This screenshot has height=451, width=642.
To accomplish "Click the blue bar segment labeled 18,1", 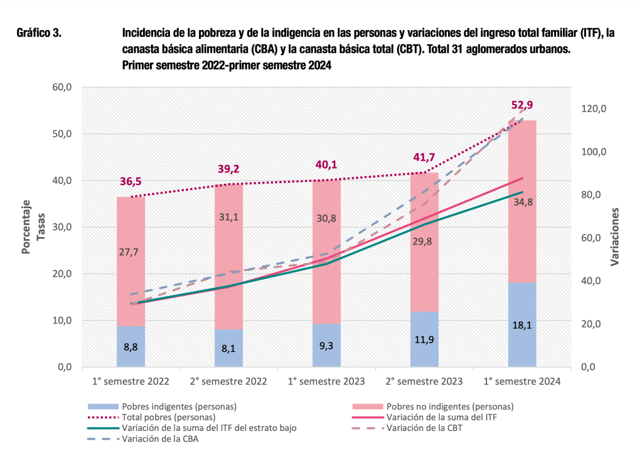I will tap(522, 325).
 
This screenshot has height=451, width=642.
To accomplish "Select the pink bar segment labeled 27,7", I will tap(131, 262).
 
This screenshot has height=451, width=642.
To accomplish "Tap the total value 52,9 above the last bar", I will tap(522, 105).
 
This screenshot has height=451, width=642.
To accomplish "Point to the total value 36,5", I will tap(131, 182).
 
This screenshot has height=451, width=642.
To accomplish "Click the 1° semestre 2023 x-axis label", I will tap(326, 381).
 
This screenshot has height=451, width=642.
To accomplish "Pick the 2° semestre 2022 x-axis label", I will tap(228, 381).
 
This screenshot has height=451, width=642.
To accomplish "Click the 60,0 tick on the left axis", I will tap(62, 87).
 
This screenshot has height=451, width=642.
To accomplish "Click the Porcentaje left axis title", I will tap(26, 227).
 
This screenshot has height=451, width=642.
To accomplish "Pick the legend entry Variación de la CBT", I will tap(427, 428).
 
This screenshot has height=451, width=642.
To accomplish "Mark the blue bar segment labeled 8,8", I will tap(131, 346).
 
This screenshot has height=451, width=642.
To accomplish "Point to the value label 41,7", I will tap(424, 158).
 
